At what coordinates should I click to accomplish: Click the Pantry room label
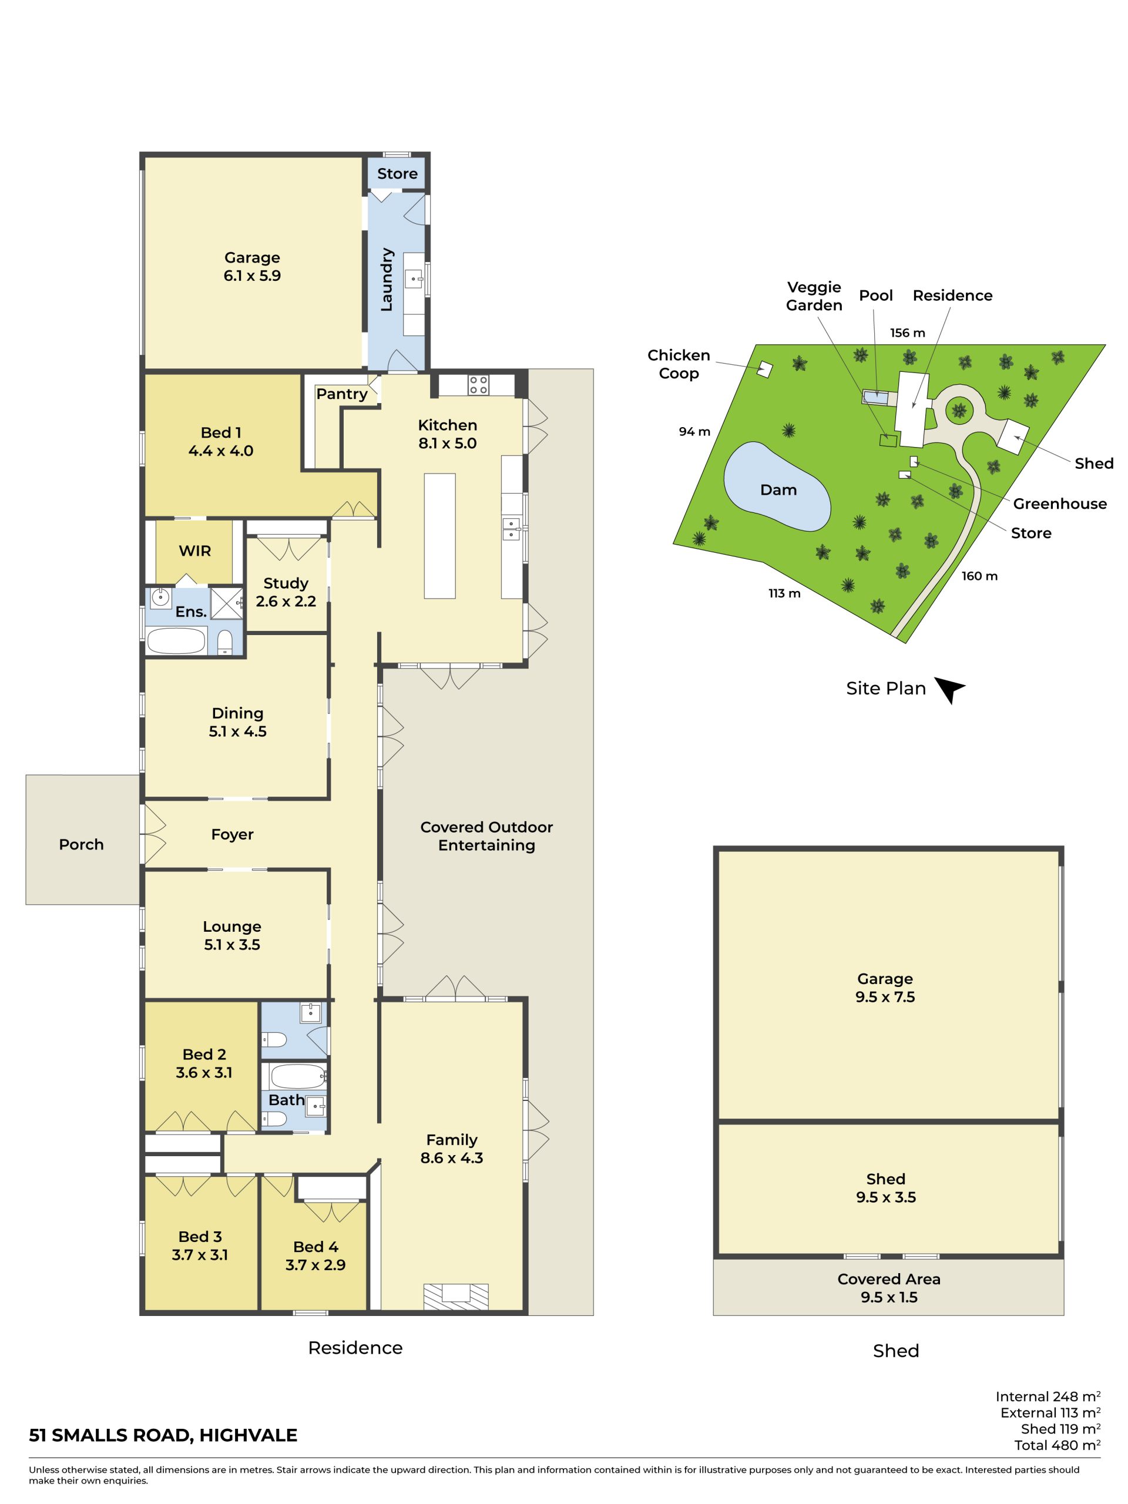coord(341,394)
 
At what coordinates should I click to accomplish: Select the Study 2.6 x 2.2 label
coord(286,592)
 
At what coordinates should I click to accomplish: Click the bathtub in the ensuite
coord(176,640)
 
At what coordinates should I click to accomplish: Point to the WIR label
coord(195,550)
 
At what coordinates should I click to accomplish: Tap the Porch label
coord(82,844)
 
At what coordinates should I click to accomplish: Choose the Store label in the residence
coord(397,173)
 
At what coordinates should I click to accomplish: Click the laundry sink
coord(414,278)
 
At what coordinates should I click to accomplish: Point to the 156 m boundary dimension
coord(908,333)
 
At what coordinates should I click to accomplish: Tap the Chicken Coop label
coord(679,364)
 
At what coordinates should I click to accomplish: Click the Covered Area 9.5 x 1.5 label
coord(889,1288)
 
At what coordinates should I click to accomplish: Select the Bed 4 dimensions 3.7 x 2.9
coord(315,1265)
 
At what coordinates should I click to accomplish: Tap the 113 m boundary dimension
coord(785,593)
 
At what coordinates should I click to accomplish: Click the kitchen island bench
coord(440,536)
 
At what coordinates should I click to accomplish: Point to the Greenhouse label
coord(1060,504)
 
